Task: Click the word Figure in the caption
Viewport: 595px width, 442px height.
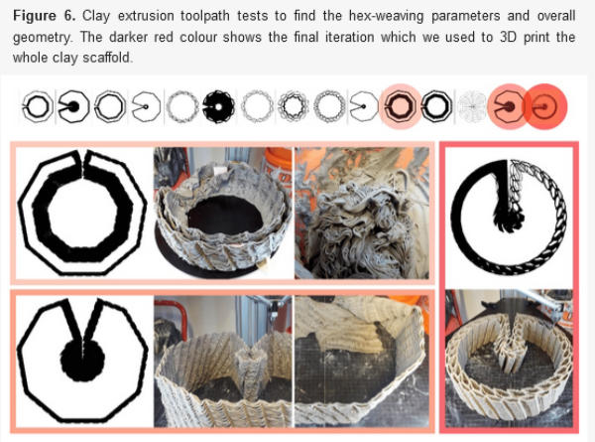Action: click(x=35, y=16)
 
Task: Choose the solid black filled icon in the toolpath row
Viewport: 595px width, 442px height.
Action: click(x=218, y=107)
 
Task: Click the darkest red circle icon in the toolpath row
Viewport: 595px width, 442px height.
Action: click(x=545, y=106)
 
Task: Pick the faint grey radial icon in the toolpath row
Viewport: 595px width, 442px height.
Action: click(x=472, y=107)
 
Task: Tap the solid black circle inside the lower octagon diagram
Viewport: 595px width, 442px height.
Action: click(x=82, y=359)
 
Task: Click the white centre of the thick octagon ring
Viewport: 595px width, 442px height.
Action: click(x=83, y=215)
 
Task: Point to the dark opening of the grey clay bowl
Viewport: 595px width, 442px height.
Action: click(x=226, y=215)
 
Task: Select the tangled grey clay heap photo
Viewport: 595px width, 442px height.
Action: click(x=362, y=214)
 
